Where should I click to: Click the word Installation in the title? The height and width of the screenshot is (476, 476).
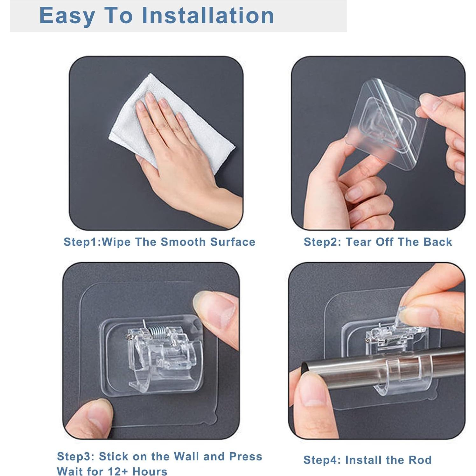[208, 15]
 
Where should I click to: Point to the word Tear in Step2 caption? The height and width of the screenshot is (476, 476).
[359, 242]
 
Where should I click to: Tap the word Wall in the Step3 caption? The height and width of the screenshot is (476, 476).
[187, 457]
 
